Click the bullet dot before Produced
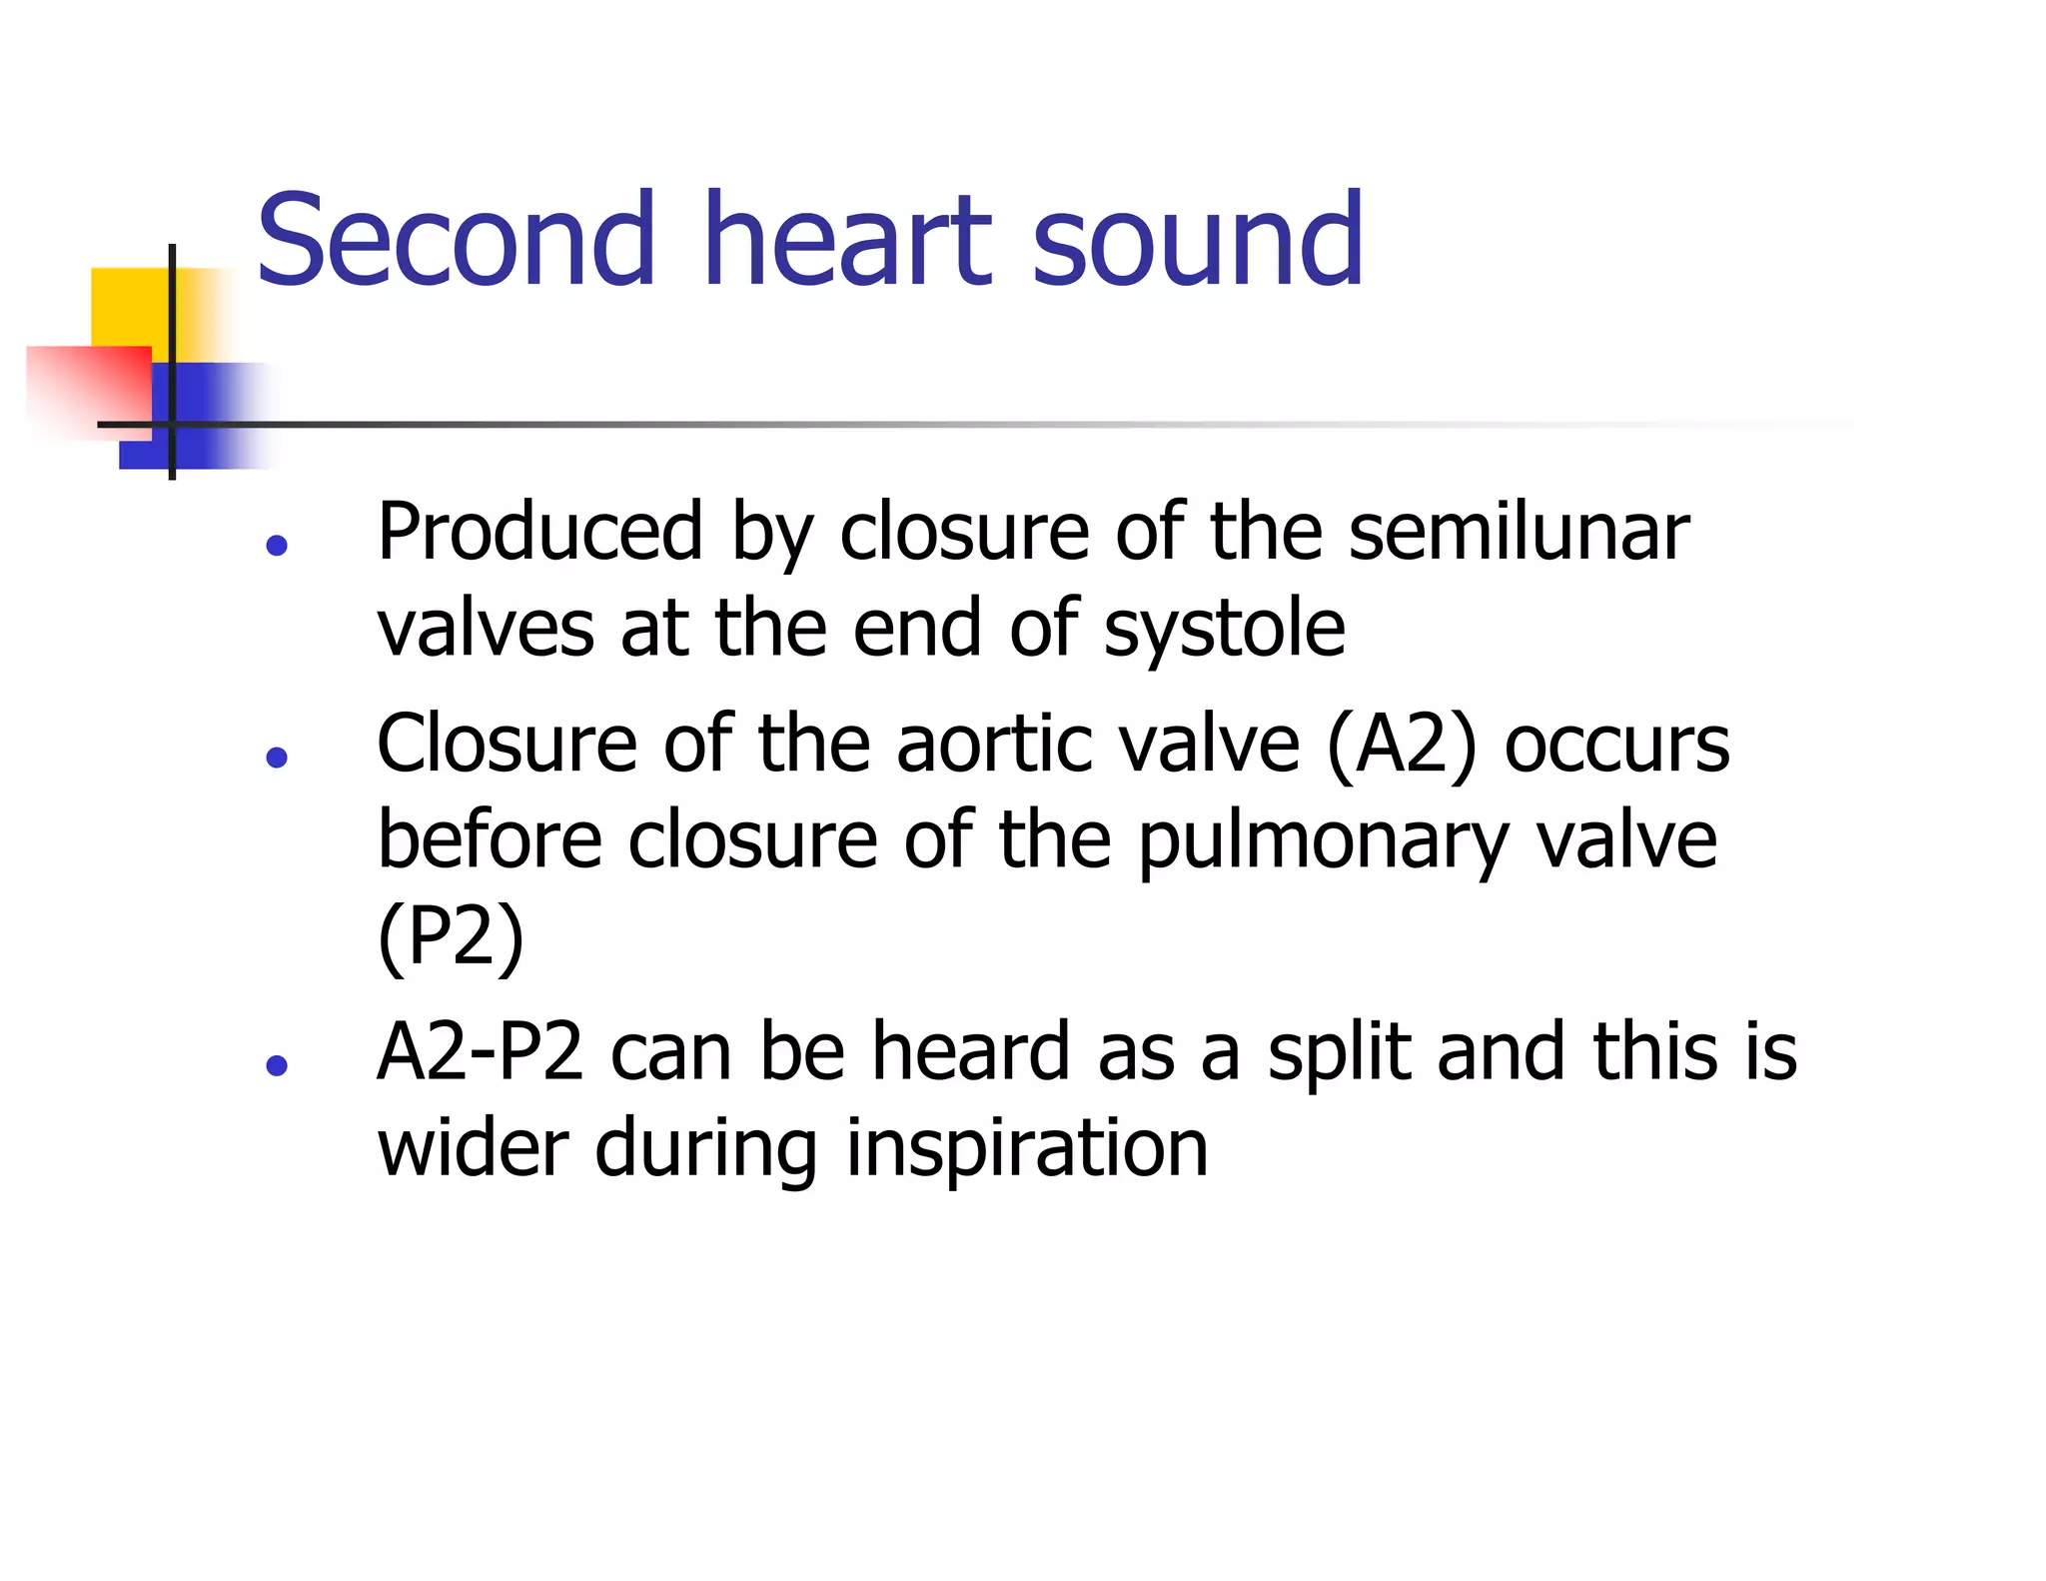277,545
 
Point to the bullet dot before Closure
277,757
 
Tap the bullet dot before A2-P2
277,1064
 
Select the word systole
1225,629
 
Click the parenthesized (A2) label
1402,745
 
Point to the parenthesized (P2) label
451,936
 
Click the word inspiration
1027,1148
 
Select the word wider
474,1148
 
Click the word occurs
1617,745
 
